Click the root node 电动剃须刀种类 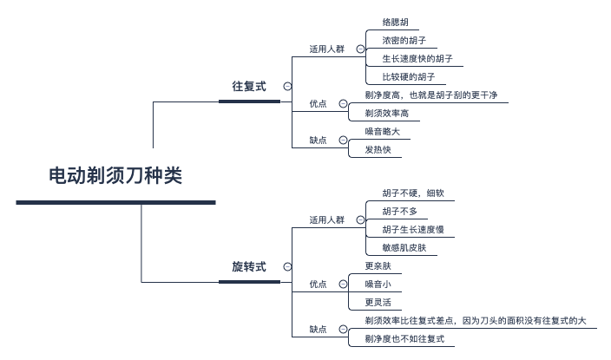[115, 176]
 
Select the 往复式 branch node [248, 87]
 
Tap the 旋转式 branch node [248, 266]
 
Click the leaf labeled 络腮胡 [395, 22]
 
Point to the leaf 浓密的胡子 [404, 40]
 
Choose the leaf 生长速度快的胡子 [417, 59]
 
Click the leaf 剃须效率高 [386, 113]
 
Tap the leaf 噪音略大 [382, 132]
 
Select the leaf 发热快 [378, 150]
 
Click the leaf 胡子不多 [399, 211]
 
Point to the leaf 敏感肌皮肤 [404, 248]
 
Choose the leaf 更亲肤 [378, 265]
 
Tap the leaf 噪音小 [378, 284]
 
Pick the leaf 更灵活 [378, 303]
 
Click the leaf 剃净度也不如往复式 [404, 339]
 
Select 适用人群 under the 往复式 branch [326, 49]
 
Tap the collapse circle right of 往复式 [287, 87]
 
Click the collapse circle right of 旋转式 [287, 266]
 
